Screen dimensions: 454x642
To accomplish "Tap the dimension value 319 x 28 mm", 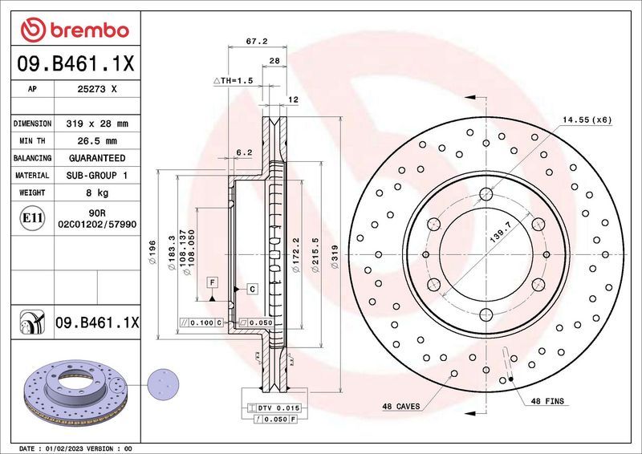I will (x=97, y=124).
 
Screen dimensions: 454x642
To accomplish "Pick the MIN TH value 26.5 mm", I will (x=97, y=141).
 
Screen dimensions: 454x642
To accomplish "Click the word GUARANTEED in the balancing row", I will (x=97, y=158).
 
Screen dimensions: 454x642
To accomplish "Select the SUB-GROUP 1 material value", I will (x=97, y=175).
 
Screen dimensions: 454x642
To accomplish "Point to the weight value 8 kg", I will (x=97, y=193).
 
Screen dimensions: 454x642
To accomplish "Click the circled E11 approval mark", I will (x=32, y=217).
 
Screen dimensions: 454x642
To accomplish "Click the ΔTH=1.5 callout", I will (x=233, y=82).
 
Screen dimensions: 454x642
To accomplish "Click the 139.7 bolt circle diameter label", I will (x=490, y=237).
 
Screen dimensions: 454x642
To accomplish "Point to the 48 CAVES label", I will (x=401, y=407).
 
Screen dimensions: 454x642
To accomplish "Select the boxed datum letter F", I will (x=213, y=282).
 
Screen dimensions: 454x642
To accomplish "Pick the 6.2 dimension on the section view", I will (x=245, y=152).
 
